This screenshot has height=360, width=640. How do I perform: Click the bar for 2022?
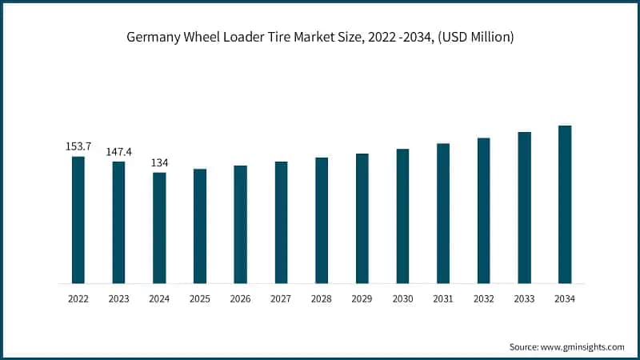coord(78,220)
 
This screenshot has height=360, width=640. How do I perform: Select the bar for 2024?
coord(159,228)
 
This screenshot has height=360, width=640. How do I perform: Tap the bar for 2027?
coord(281,222)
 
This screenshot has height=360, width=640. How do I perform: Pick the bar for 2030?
coord(402,216)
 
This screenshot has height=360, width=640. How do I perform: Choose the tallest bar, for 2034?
coord(565,205)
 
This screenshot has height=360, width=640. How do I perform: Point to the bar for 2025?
coord(200,226)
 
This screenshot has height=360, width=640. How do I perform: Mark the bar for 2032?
coord(484,210)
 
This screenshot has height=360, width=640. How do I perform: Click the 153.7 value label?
coord(78,147)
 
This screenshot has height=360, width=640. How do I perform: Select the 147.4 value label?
coord(118,151)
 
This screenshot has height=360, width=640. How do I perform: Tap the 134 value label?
coord(159,162)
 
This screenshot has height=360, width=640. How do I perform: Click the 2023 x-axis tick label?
coord(118,298)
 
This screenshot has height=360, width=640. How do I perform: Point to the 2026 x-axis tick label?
coord(240,298)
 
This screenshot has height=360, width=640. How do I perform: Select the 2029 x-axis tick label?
coord(362,298)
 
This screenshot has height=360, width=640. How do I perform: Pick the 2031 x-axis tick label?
coord(443,298)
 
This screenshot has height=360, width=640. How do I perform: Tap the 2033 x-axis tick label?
coord(524,298)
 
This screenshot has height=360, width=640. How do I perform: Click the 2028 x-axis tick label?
coord(322,298)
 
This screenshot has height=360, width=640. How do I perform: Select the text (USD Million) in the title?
coord(474,38)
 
